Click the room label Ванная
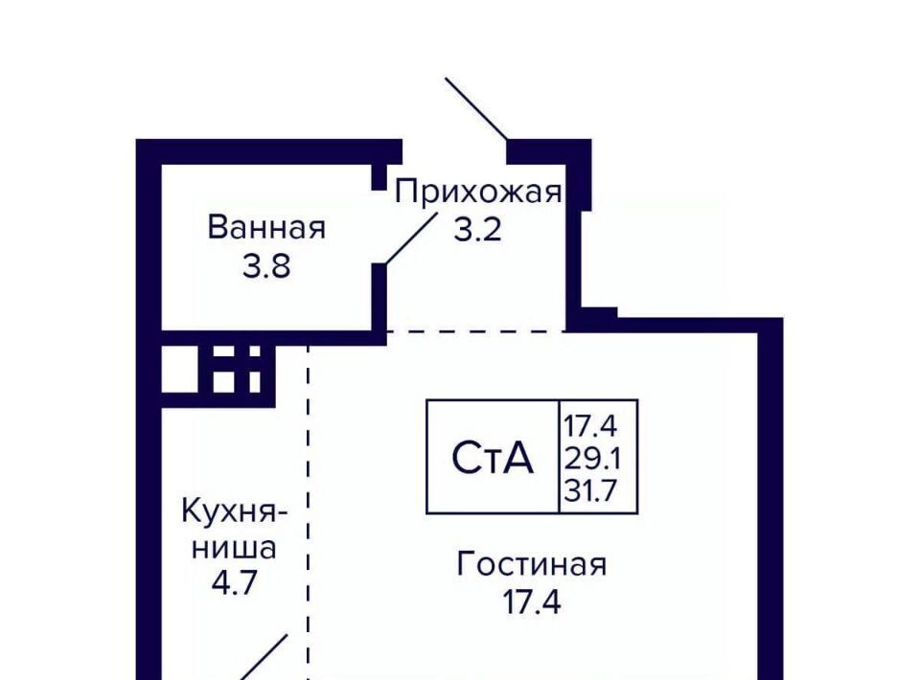point(266,227)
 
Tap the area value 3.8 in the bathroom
point(266,266)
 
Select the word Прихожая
point(477,192)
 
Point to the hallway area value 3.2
point(477,230)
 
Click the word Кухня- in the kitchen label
point(235,511)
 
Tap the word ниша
point(234,548)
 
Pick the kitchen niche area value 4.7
point(234,583)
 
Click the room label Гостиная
point(532,564)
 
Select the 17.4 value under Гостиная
point(532,602)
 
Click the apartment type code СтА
point(493,457)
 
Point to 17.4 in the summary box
point(590,426)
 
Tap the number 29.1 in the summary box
point(592,459)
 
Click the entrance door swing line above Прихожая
point(476,109)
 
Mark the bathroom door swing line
point(411,238)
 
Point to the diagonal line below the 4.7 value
point(262,657)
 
